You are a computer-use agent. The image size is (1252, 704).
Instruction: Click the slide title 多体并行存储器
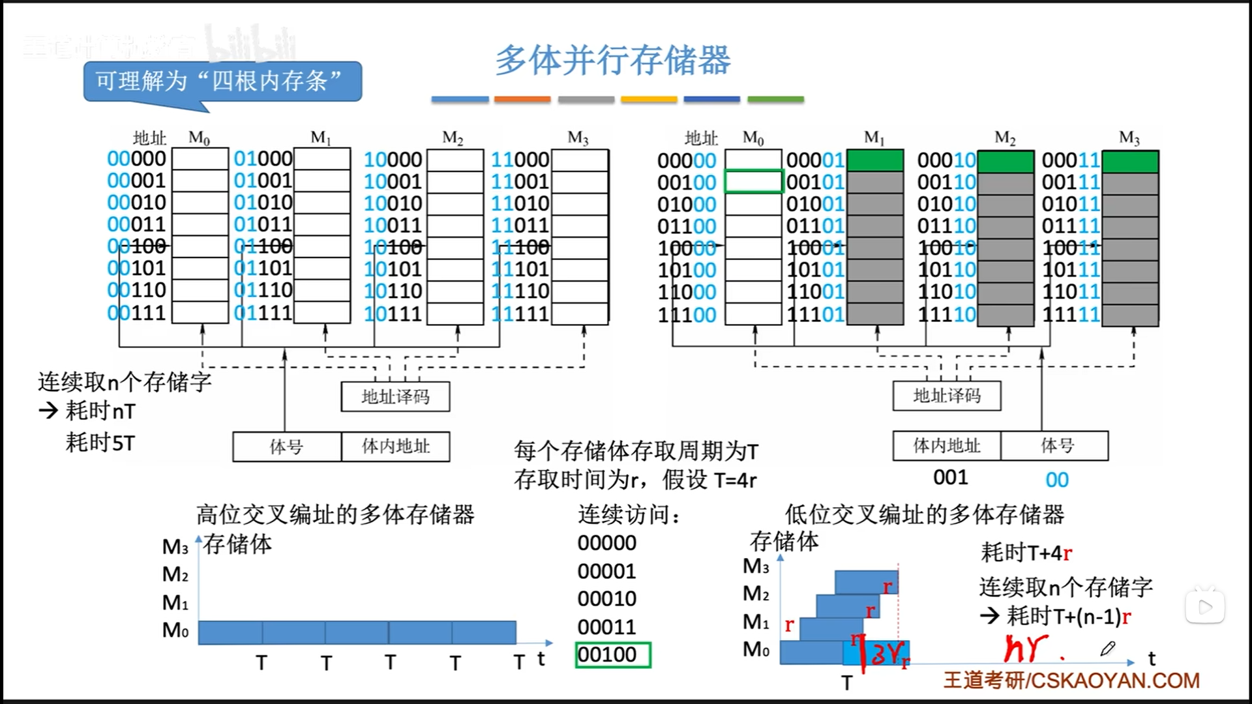click(x=613, y=60)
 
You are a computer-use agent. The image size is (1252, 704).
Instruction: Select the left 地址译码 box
click(x=395, y=396)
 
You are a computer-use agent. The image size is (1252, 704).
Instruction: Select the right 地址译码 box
click(x=947, y=396)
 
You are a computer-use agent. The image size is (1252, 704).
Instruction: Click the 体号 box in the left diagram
click(x=287, y=447)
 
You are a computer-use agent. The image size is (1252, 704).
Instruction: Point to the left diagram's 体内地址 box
click(x=396, y=447)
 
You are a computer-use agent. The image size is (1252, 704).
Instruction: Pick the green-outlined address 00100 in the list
click(x=613, y=654)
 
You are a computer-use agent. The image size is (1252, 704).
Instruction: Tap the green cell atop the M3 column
click(x=1130, y=161)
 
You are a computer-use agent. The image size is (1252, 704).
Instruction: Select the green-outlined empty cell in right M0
click(x=754, y=182)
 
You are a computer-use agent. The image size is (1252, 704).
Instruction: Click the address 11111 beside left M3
click(x=520, y=314)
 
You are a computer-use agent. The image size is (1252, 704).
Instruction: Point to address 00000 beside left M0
click(x=137, y=158)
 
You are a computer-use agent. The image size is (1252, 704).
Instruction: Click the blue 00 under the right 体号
click(x=1057, y=480)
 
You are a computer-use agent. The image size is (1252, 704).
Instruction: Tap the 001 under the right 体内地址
click(x=950, y=478)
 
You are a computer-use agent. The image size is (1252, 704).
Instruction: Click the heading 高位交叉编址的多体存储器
click(x=335, y=515)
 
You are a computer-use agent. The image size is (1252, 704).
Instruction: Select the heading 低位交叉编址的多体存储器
click(x=924, y=515)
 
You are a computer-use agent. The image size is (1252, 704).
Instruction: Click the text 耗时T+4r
click(x=1026, y=553)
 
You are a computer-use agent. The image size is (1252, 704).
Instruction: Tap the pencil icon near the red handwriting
click(x=1108, y=649)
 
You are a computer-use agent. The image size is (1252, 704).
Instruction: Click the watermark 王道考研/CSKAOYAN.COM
click(x=1071, y=681)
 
